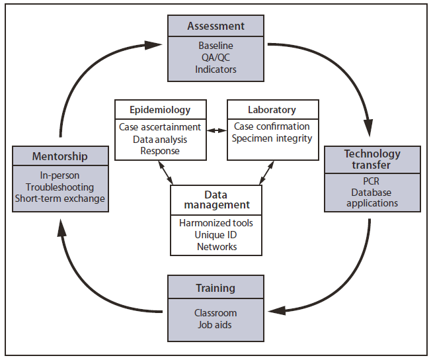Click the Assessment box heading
click(x=215, y=26)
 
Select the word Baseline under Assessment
click(x=215, y=46)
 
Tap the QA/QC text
click(x=215, y=58)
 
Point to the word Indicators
click(x=215, y=69)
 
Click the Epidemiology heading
click(x=161, y=109)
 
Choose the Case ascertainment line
click(x=160, y=126)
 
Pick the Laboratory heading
click(x=272, y=109)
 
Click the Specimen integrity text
click(x=272, y=138)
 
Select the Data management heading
click(x=215, y=199)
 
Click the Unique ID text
click(x=215, y=235)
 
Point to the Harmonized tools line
click(x=215, y=223)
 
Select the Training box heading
click(x=215, y=288)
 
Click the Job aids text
click(x=215, y=325)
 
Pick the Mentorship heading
click(x=59, y=157)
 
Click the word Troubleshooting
click(x=59, y=187)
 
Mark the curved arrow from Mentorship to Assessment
click(x=73, y=79)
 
